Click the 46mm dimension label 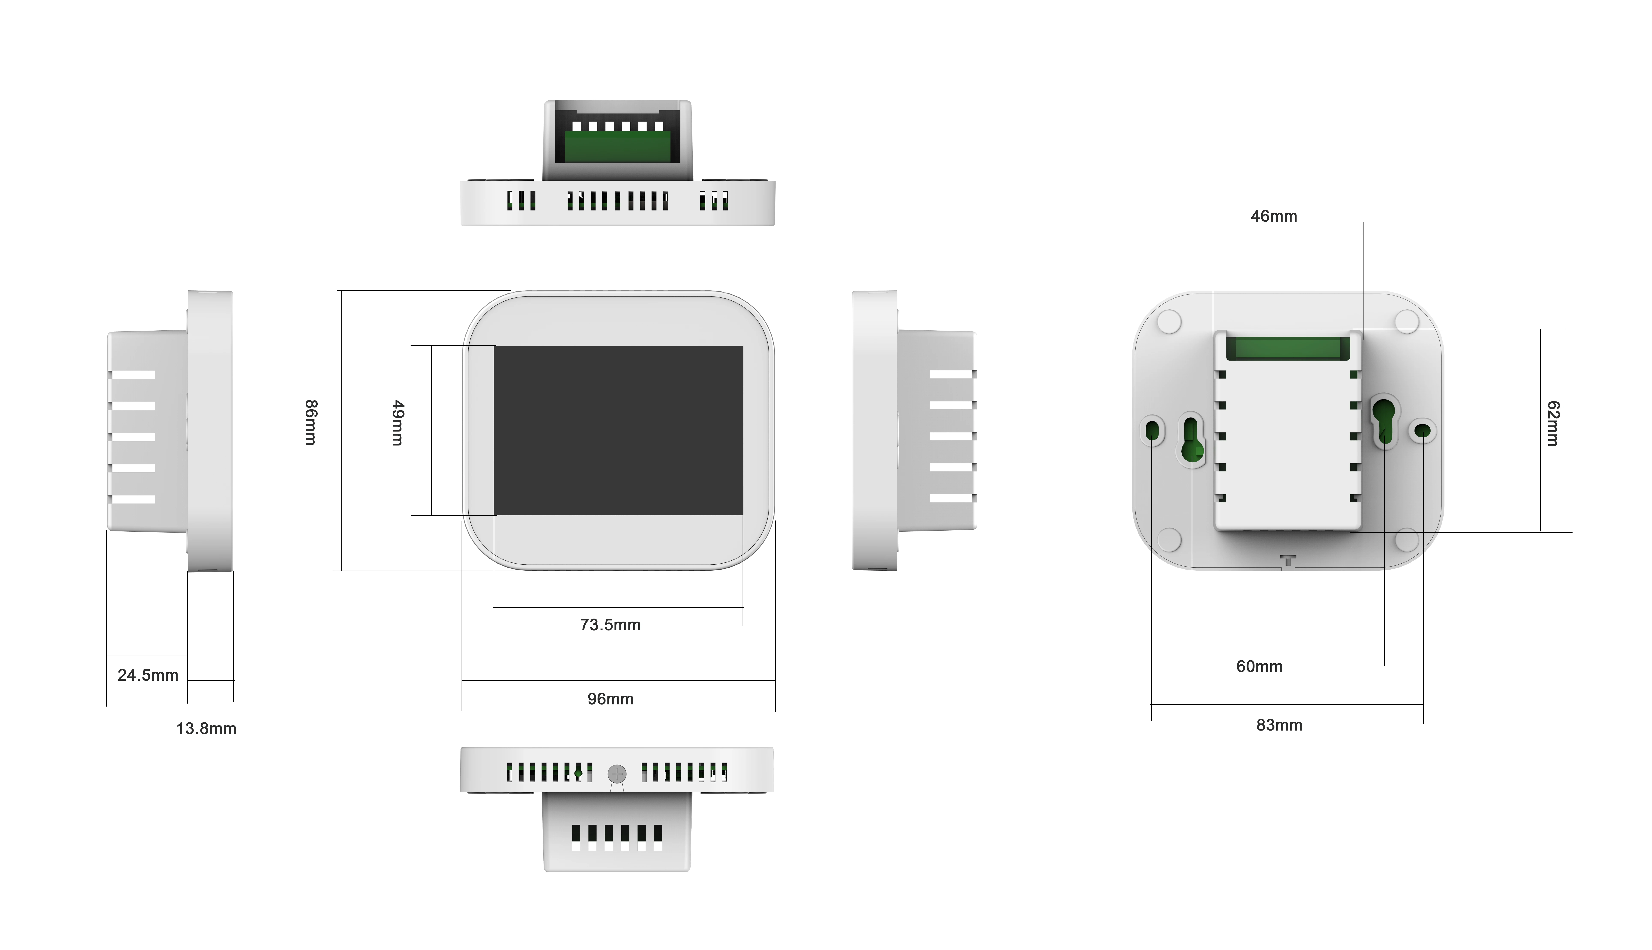(x=1274, y=216)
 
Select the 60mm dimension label (x=1259, y=666)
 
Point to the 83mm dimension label (x=1279, y=725)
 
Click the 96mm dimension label (x=610, y=699)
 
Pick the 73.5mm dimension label (x=610, y=625)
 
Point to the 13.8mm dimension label (x=206, y=729)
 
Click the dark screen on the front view (x=618, y=431)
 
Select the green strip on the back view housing (x=1288, y=348)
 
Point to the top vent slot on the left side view (x=132, y=374)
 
